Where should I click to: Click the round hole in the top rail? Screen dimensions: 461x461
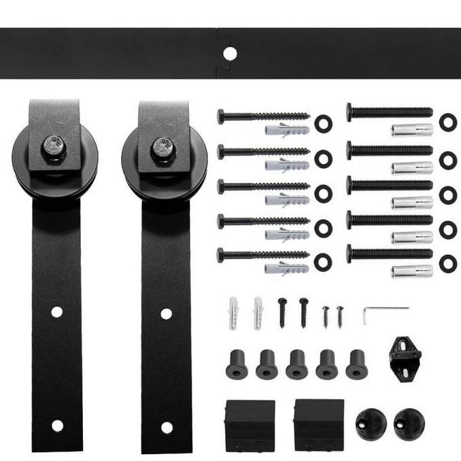coord(230,53)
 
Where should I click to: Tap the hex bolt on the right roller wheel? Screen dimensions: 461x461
coord(163,148)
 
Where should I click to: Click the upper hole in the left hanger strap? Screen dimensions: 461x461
coord(56,311)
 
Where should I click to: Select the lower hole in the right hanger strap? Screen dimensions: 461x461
coord(167,427)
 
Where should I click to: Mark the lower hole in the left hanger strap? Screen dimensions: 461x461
coord(57,426)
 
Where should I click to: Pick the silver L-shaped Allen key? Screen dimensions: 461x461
coord(384,311)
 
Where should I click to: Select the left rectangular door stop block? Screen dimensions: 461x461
coord(250,425)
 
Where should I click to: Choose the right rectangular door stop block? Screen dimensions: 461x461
coord(319,425)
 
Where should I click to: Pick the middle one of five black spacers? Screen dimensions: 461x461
coord(296,364)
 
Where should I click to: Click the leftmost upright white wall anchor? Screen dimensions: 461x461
coord(233,313)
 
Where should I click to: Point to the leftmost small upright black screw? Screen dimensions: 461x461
coord(281,313)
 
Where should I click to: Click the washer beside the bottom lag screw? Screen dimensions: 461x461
coord(322,259)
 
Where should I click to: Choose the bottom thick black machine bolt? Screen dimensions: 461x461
coord(390,254)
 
